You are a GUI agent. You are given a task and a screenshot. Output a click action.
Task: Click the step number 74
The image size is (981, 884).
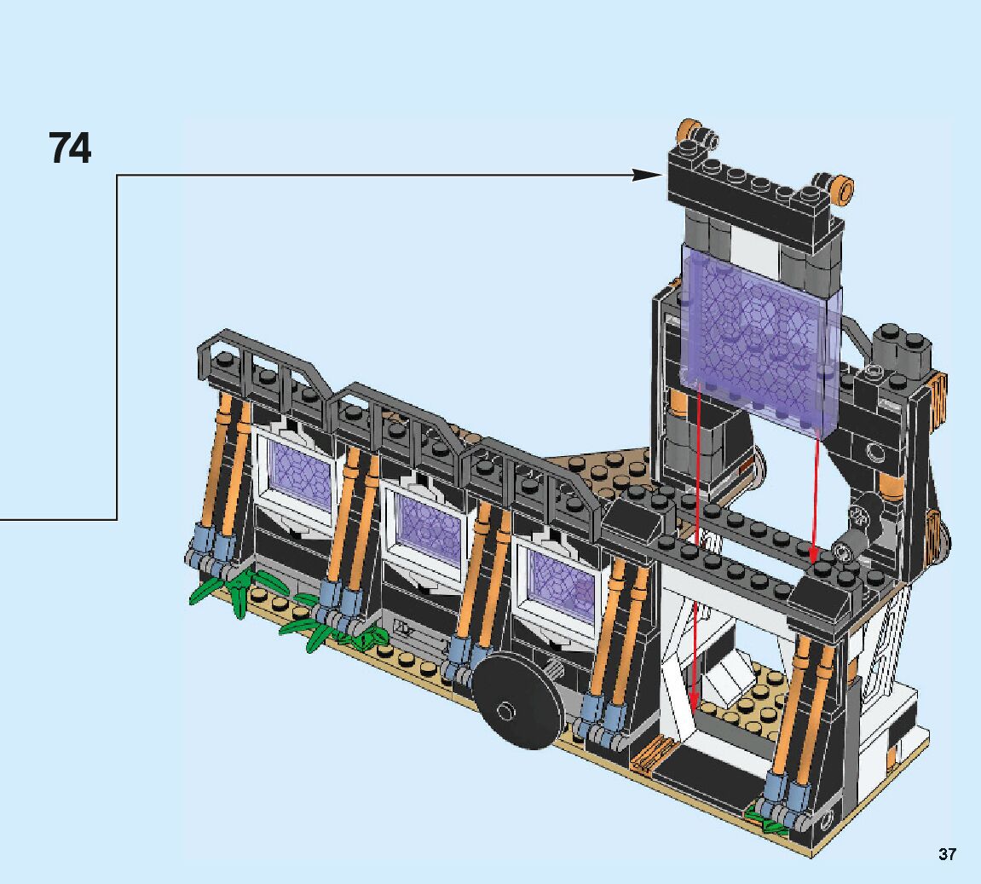point(70,148)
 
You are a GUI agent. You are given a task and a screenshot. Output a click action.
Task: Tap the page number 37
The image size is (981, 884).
point(947,854)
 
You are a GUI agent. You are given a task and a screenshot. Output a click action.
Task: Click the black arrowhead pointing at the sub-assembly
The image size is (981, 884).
point(648,175)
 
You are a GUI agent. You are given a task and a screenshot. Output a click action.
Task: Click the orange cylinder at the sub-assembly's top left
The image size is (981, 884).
point(688,130)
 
